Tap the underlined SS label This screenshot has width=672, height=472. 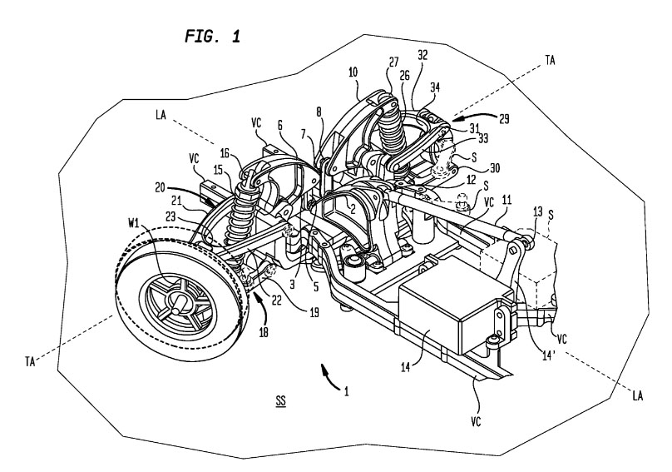282,400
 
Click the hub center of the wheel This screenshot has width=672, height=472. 176,306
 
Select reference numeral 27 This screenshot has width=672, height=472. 392,61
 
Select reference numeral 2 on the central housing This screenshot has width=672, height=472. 353,209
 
